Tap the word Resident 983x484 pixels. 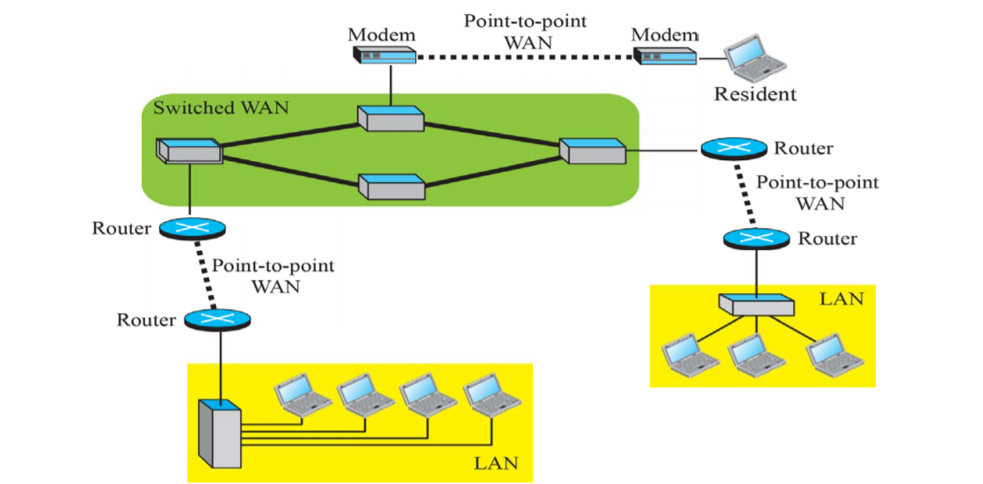pyautogui.click(x=754, y=94)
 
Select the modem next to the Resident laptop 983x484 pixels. pyautogui.click(x=666, y=57)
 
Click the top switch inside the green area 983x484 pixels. pyautogui.click(x=391, y=118)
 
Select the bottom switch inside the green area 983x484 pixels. pyautogui.click(x=391, y=186)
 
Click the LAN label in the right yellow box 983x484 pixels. pyautogui.click(x=841, y=299)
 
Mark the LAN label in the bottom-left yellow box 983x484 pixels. pyautogui.click(x=496, y=462)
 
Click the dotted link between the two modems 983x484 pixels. pyautogui.click(x=525, y=57)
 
